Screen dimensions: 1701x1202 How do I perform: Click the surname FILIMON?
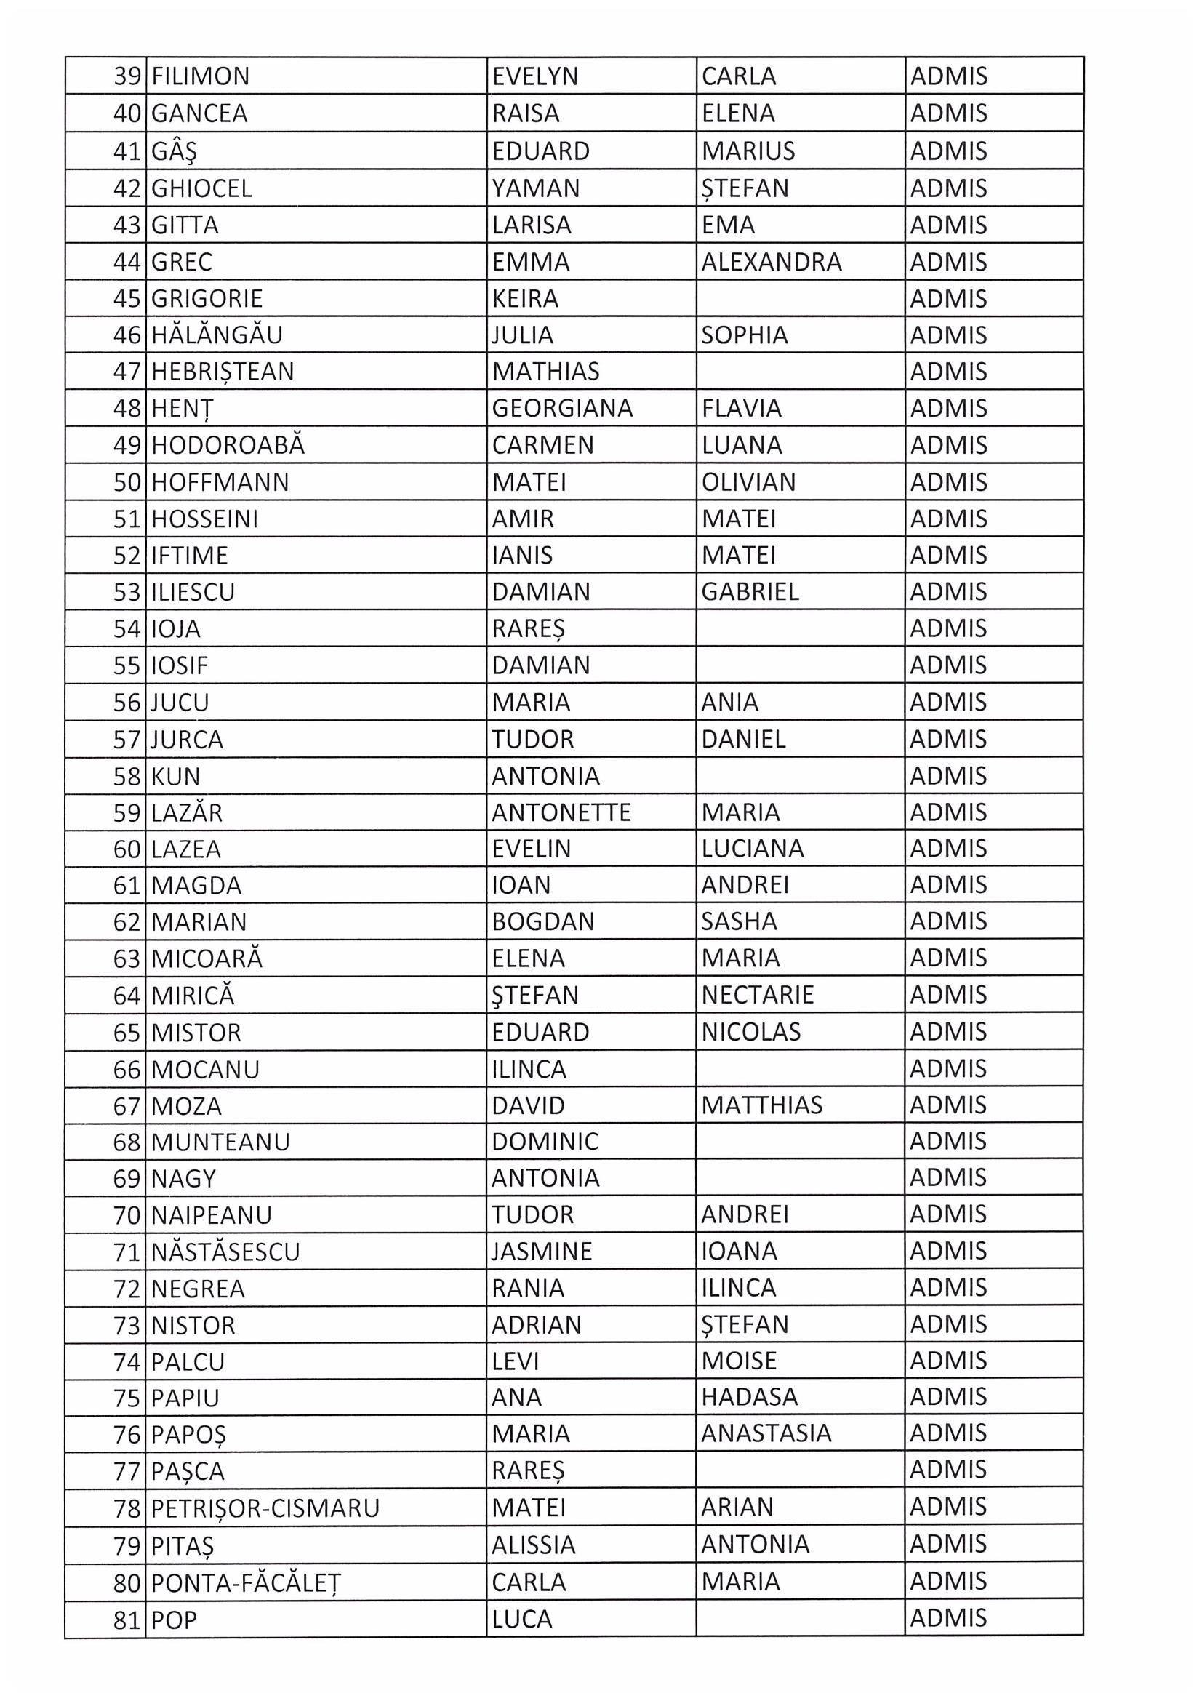[x=200, y=76]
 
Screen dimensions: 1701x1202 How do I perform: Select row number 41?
[x=127, y=151]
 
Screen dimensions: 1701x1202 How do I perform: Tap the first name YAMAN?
[x=535, y=188]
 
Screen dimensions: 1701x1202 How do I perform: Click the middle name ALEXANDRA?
[x=771, y=262]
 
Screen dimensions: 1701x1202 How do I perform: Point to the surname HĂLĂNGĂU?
[x=216, y=335]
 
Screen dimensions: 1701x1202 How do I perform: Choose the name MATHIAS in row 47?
[x=545, y=371]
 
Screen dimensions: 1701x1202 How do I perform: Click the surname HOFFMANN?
[x=220, y=482]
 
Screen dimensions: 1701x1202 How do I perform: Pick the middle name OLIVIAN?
[x=748, y=482]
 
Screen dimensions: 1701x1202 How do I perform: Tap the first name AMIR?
[x=522, y=519]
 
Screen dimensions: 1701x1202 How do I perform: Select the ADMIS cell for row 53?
[x=948, y=591]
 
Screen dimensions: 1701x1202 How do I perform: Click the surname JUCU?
[x=180, y=703]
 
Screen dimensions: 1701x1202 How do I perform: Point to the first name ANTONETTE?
[x=561, y=813]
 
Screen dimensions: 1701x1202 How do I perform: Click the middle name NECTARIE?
[x=757, y=995]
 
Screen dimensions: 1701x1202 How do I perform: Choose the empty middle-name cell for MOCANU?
[x=800, y=1069]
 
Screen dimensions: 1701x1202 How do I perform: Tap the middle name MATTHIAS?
[x=761, y=1105]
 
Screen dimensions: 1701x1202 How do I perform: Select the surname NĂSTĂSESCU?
[x=225, y=1252]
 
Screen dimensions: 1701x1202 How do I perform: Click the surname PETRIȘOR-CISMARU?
[x=265, y=1508]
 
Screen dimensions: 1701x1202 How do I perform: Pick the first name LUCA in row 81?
[x=521, y=1620]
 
